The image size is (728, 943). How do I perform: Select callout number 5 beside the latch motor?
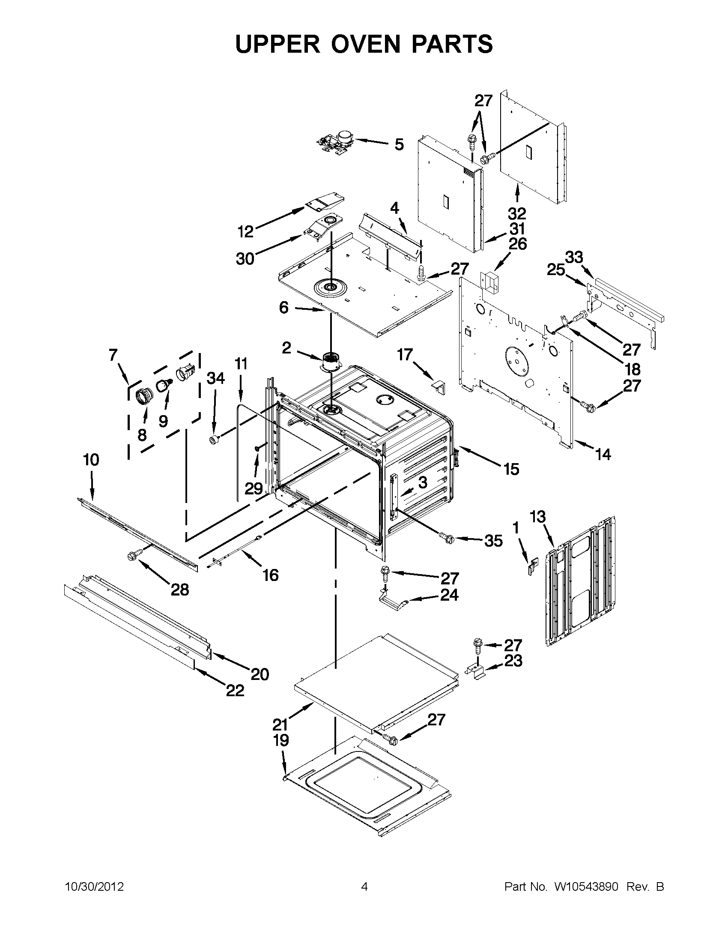coord(399,144)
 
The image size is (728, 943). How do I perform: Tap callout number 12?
coord(245,232)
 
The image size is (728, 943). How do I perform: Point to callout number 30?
coord(245,259)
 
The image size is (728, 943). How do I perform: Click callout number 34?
coord(215,378)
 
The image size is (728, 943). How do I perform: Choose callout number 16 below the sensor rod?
coord(271,575)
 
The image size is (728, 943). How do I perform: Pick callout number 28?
coord(179,590)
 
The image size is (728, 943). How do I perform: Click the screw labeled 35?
coord(447,537)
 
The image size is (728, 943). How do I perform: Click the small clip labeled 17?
coord(439,387)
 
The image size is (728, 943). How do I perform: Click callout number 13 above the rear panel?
coord(537,516)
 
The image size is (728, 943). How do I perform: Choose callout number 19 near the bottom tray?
coord(281,740)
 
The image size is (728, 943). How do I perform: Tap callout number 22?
coord(235,690)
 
